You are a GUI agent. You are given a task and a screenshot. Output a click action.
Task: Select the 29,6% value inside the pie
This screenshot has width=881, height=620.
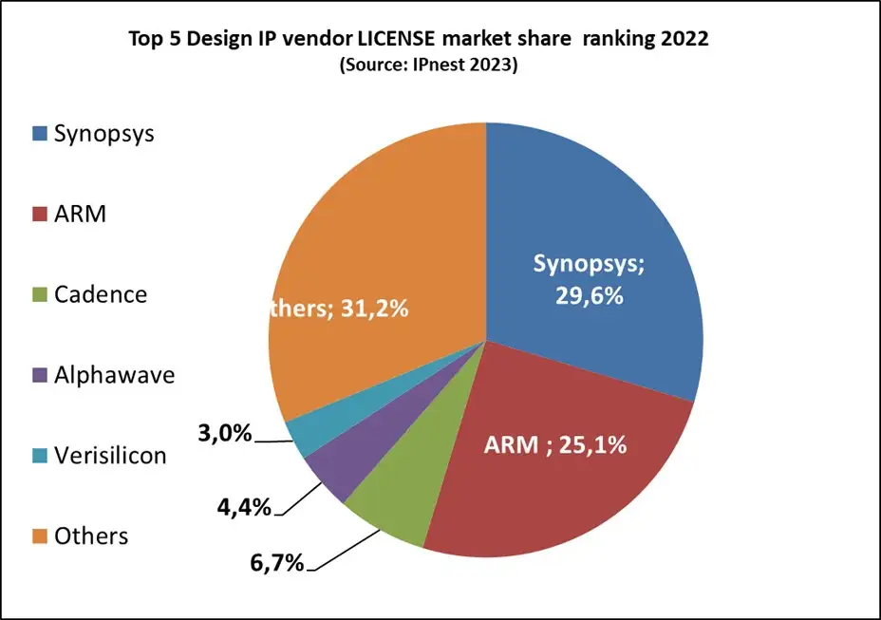click(x=589, y=295)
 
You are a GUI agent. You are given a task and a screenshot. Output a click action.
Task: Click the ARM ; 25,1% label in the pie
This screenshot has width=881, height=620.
click(x=557, y=443)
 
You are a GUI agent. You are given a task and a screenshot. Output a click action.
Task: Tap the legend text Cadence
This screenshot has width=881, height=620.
click(x=101, y=294)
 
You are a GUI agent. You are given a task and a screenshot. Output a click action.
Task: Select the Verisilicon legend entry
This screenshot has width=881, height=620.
click(x=110, y=456)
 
